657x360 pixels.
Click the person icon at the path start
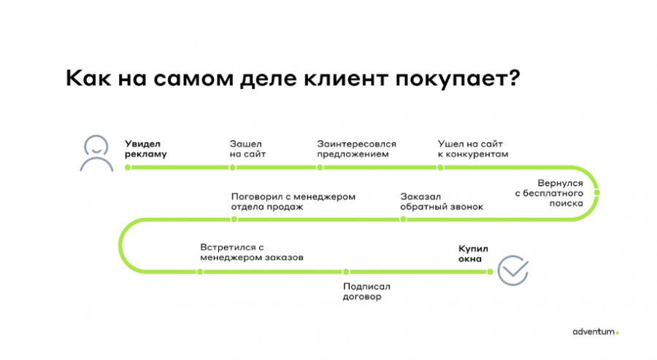(x=96, y=153)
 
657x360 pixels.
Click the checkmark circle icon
(x=512, y=270)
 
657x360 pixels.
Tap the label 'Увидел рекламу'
(x=146, y=149)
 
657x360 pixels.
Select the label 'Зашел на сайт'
(x=247, y=149)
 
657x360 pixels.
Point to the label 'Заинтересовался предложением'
(x=358, y=149)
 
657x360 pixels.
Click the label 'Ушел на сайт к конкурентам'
(x=472, y=149)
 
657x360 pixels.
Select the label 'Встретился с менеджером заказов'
(x=251, y=252)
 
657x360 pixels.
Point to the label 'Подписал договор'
(x=362, y=291)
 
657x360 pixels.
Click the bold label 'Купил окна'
(x=472, y=253)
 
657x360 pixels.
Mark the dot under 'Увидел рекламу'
(x=128, y=167)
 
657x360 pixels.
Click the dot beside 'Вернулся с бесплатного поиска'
(x=597, y=192)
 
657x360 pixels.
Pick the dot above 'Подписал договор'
(x=347, y=272)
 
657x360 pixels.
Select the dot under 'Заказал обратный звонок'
(x=402, y=218)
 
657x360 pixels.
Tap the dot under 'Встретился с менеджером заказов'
(x=200, y=272)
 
